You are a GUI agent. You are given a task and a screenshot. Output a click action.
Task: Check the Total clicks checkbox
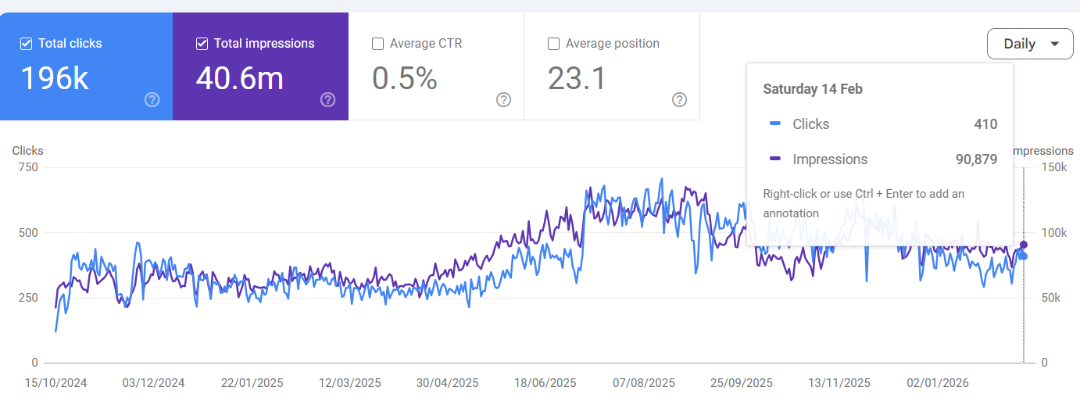point(27,44)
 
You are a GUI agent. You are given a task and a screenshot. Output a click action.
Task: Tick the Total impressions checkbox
point(202,44)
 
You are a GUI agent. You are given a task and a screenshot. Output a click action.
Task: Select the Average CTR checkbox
point(378,44)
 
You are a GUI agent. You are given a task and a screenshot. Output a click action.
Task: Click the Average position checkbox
point(554,44)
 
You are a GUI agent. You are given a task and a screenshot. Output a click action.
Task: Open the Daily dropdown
point(1029,44)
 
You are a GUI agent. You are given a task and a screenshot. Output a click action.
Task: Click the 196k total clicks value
point(55,78)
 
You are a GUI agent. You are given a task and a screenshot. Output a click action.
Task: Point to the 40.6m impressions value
point(239,78)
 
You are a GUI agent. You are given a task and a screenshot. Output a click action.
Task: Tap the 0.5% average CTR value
point(404,78)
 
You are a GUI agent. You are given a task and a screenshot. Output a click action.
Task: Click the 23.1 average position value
point(577,78)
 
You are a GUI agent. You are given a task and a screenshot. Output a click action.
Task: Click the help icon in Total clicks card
point(152,99)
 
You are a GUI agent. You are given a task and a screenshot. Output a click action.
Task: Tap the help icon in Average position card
point(680,99)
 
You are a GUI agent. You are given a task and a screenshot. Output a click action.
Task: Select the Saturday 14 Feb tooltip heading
point(813,89)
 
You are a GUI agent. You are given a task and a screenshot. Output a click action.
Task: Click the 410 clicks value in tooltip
point(985,124)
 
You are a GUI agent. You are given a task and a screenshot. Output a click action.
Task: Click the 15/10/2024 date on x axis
point(55,383)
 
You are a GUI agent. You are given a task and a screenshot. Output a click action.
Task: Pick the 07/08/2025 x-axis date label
point(644,383)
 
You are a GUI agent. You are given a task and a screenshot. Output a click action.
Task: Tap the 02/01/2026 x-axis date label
point(938,383)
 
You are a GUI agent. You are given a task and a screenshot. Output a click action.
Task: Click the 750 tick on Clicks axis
point(27,167)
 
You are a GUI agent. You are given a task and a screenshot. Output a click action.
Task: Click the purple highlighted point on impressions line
point(1024,245)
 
